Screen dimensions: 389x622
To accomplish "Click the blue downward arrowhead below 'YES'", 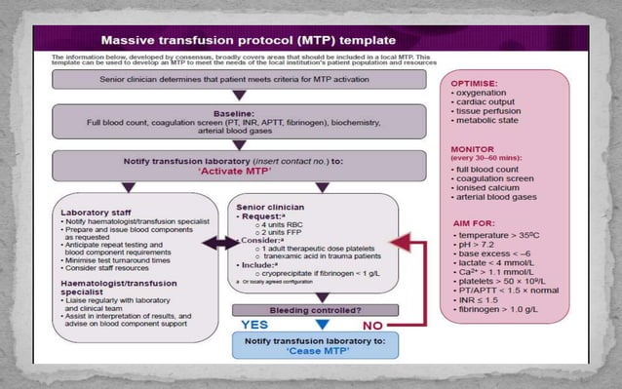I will tap(312, 323).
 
